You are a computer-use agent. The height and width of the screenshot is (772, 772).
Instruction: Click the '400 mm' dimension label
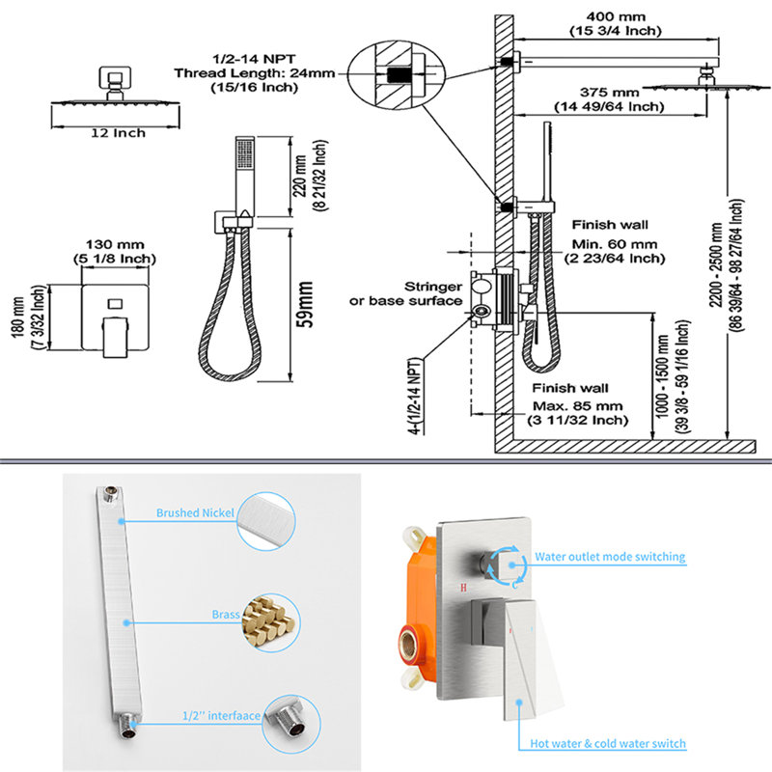pyautogui.click(x=616, y=17)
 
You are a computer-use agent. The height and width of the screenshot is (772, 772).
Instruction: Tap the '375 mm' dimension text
pyautogui.click(x=609, y=93)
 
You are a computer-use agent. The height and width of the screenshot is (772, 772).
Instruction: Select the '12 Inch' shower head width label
pyautogui.click(x=118, y=133)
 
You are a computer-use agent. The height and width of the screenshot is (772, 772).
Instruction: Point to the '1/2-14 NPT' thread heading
pyautogui.click(x=254, y=59)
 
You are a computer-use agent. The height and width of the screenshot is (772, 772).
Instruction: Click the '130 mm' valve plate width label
pyautogui.click(x=115, y=245)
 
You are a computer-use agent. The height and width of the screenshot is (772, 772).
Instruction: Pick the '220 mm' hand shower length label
pyautogui.click(x=300, y=176)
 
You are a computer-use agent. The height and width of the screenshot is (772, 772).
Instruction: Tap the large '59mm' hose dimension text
pyautogui.click(x=305, y=304)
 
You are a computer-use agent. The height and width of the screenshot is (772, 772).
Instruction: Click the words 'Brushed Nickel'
pyautogui.click(x=195, y=513)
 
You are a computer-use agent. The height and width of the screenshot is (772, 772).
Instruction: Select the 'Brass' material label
pyautogui.click(x=226, y=615)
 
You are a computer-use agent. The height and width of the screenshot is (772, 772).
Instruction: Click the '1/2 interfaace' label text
pyautogui.click(x=221, y=715)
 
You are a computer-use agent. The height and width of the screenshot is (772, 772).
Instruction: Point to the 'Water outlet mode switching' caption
pyautogui.click(x=610, y=557)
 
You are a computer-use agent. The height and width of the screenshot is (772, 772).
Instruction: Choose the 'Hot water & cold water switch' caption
pyautogui.click(x=608, y=743)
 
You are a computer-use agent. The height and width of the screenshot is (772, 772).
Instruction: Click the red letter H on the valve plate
pyautogui.click(x=463, y=588)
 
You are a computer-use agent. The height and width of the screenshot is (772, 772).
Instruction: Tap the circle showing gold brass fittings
pyautogui.click(x=270, y=622)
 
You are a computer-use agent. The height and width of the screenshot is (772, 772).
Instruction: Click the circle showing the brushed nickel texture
pyautogui.click(x=266, y=521)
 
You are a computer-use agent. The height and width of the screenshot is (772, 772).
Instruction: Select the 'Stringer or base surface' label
pyautogui.click(x=405, y=293)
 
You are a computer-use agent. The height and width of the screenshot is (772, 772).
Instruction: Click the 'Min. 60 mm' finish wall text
pyautogui.click(x=615, y=244)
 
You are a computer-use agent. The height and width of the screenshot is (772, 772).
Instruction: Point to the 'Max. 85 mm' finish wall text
pyautogui.click(x=577, y=406)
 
